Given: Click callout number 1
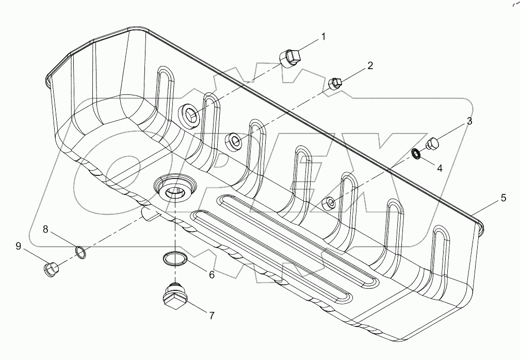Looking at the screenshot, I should (323, 37).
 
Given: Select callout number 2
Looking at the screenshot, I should (370, 66).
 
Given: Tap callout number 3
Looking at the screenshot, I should (469, 122).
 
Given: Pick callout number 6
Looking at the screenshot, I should (211, 275).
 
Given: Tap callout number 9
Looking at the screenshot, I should (18, 247).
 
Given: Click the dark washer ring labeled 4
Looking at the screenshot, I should (416, 153).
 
